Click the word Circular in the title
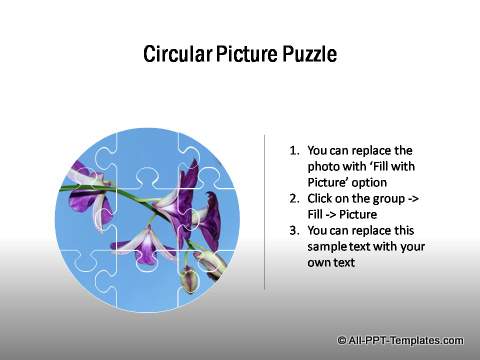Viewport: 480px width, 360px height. tap(174, 53)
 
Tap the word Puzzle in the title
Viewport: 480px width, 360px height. tap(304, 53)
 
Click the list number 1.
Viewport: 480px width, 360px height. tap(293, 150)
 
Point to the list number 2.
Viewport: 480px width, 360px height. tap(293, 200)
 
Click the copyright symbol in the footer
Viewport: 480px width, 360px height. tap(342, 340)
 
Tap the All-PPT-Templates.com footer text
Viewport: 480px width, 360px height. tap(406, 340)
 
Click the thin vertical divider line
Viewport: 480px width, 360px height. tap(264, 210)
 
